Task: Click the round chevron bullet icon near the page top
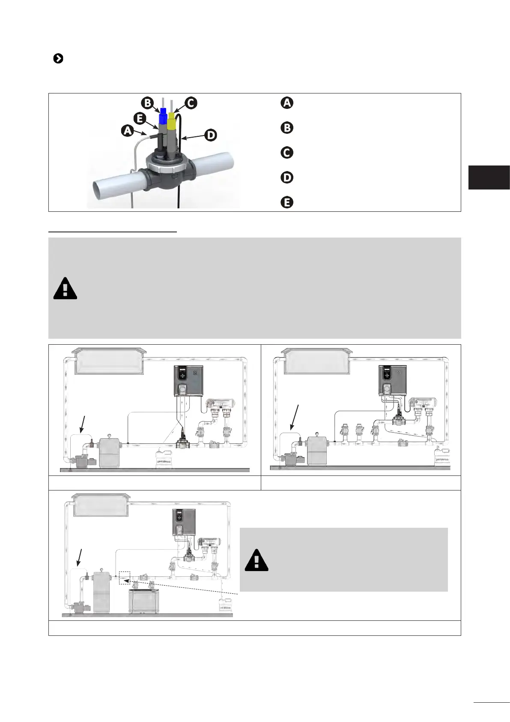pyautogui.click(x=58, y=59)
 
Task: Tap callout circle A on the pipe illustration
pyautogui.click(x=128, y=130)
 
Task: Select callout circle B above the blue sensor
pyautogui.click(x=147, y=103)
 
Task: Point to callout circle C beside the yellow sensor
pyautogui.click(x=191, y=103)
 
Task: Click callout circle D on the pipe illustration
pyautogui.click(x=211, y=135)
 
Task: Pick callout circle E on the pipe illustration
pyautogui.click(x=140, y=118)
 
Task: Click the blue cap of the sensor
pyautogui.click(x=163, y=117)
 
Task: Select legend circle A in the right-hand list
pyautogui.click(x=287, y=103)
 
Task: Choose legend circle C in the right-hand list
pyautogui.click(x=287, y=153)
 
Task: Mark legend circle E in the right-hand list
pyautogui.click(x=287, y=202)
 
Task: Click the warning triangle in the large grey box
pyautogui.click(x=65, y=289)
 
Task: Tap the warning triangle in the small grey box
pyautogui.click(x=256, y=560)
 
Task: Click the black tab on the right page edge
pyautogui.click(x=489, y=177)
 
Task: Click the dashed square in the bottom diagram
pyautogui.click(x=124, y=578)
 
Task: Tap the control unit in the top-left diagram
pyautogui.click(x=188, y=381)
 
